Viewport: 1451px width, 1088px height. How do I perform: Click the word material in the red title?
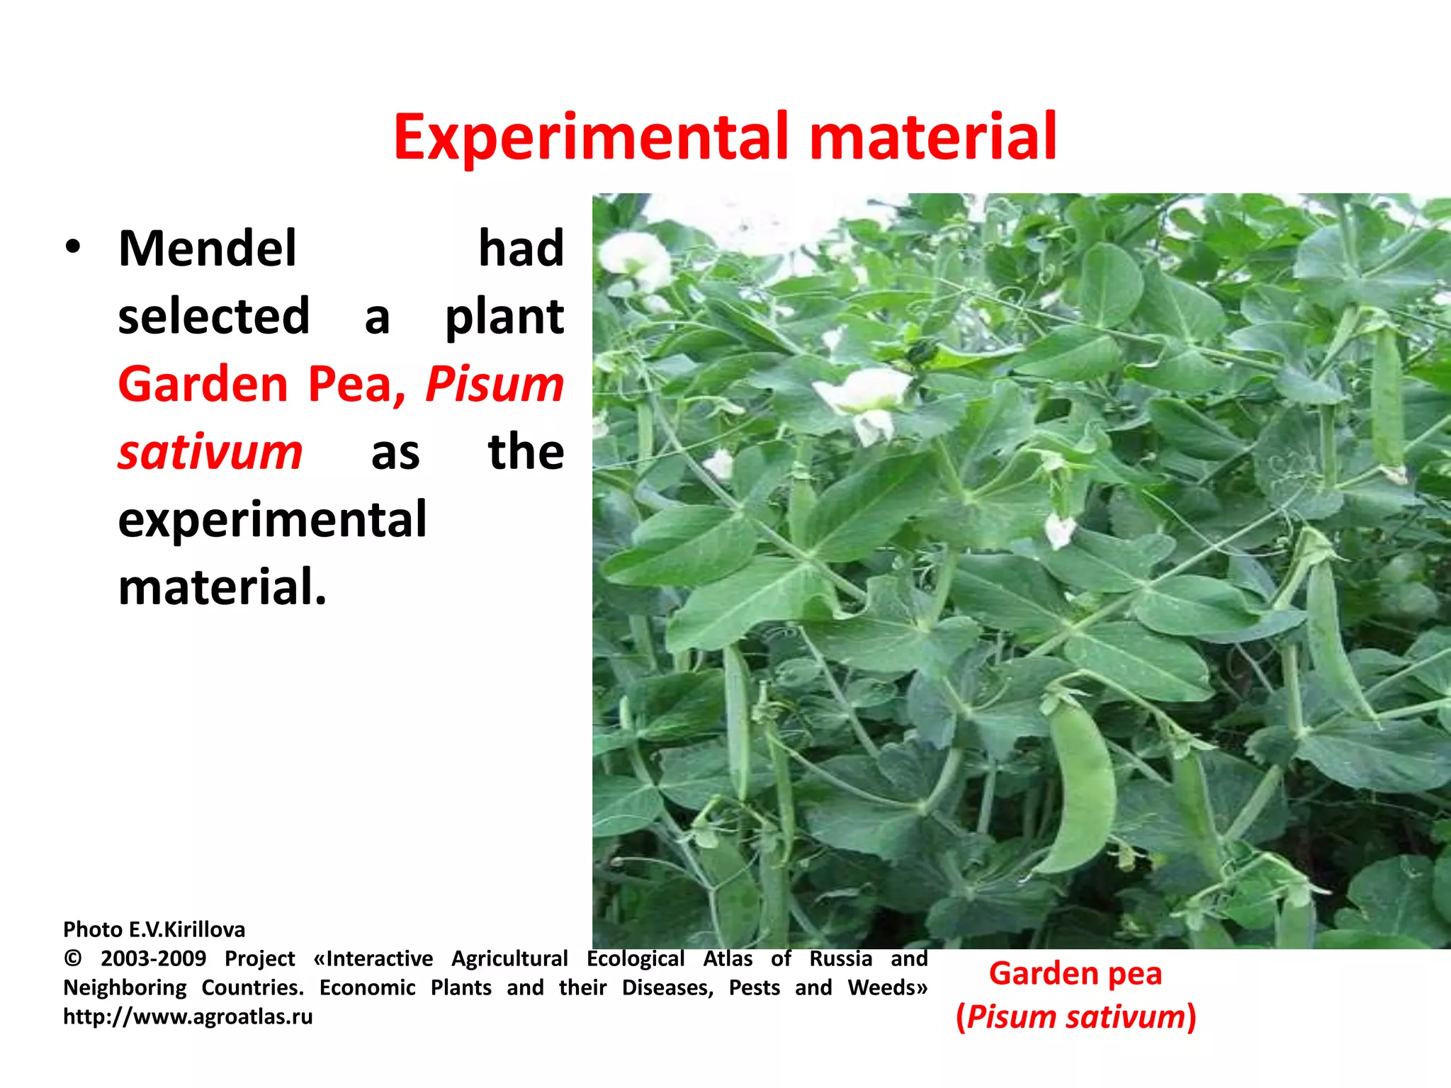(x=932, y=136)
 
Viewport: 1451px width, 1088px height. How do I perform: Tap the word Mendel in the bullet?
(x=207, y=249)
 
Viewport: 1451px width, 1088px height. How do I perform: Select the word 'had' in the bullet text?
(x=521, y=249)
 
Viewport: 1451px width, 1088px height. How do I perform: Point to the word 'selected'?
(x=213, y=316)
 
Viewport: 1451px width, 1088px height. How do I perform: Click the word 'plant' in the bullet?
(x=504, y=317)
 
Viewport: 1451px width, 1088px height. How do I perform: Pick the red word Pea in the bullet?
(x=350, y=384)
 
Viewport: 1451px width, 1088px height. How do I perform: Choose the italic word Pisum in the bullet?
(x=494, y=384)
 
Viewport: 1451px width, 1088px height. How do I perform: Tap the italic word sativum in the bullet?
(x=210, y=452)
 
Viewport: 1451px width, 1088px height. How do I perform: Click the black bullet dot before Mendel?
(x=73, y=249)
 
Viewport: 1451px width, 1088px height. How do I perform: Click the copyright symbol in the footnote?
(x=72, y=959)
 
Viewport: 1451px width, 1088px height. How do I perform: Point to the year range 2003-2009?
(x=153, y=959)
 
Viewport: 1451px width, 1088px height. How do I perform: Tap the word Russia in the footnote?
(x=840, y=959)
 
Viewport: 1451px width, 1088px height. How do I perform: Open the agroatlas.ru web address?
(x=188, y=1017)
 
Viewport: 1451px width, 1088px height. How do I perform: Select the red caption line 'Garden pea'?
(x=1075, y=974)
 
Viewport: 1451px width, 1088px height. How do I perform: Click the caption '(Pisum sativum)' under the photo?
(x=1075, y=1017)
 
